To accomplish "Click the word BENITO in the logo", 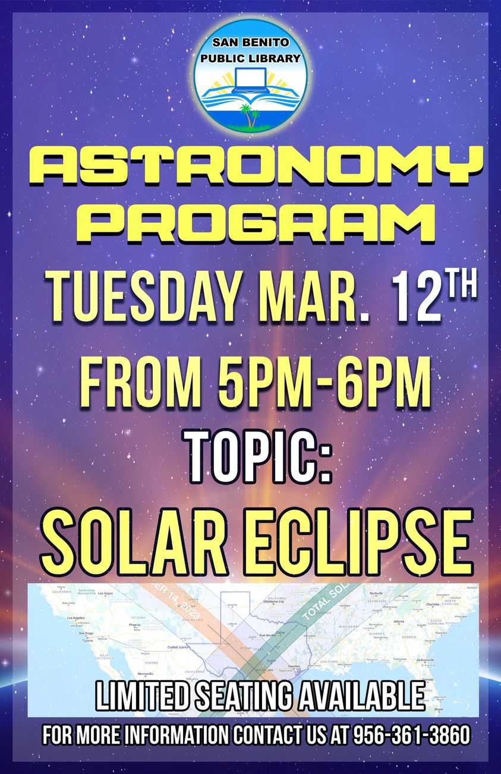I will (x=266, y=43).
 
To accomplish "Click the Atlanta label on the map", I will (x=399, y=622).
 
